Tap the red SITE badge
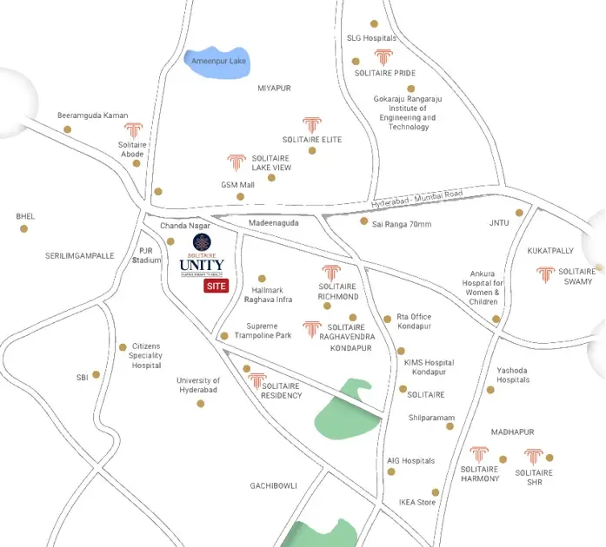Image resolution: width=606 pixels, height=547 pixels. pyautogui.click(x=216, y=286)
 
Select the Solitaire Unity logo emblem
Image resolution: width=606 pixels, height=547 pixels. pyautogui.click(x=202, y=242)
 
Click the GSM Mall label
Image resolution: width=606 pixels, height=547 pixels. pyautogui.click(x=236, y=185)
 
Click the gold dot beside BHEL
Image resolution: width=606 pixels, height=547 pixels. pyautogui.click(x=24, y=229)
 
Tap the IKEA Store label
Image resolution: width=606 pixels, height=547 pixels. pyautogui.click(x=416, y=502)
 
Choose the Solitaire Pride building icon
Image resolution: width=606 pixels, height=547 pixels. pyautogui.click(x=383, y=58)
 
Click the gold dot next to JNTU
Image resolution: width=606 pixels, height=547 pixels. pyautogui.click(x=519, y=212)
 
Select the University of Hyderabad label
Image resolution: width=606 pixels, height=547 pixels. pyautogui.click(x=198, y=386)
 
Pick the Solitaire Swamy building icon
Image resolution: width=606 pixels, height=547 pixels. pyautogui.click(x=545, y=274)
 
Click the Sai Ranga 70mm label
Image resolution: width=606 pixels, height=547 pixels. pyautogui.click(x=402, y=223)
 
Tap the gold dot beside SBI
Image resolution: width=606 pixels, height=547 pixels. pyautogui.click(x=96, y=375)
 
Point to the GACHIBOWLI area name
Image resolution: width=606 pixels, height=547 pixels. pyautogui.click(x=274, y=485)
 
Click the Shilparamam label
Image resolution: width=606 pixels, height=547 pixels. pyautogui.click(x=431, y=418)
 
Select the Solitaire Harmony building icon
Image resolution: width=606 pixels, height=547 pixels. pyautogui.click(x=479, y=454)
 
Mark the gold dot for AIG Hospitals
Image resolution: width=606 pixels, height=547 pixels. pyautogui.click(x=391, y=471)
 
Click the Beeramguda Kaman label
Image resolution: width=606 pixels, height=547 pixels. pyautogui.click(x=92, y=115)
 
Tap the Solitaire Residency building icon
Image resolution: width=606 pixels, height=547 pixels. pyautogui.click(x=257, y=380)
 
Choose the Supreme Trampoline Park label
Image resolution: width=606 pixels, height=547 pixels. pyautogui.click(x=263, y=330)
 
